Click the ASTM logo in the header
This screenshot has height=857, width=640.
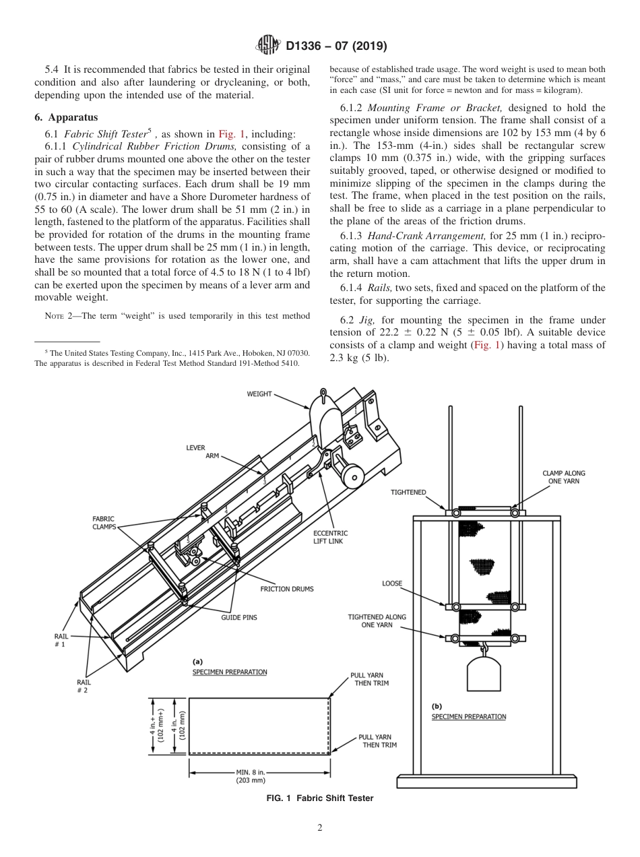[269, 46]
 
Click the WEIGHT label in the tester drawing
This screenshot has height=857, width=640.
[259, 393]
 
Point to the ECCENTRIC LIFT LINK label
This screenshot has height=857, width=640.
[330, 537]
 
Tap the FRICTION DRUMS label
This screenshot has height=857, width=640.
[287, 589]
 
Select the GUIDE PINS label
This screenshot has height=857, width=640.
[239, 617]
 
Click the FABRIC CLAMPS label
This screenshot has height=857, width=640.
[104, 523]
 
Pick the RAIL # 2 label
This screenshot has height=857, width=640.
[82, 686]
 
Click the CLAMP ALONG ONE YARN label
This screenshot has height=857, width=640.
[564, 478]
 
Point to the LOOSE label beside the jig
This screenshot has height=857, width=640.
[392, 583]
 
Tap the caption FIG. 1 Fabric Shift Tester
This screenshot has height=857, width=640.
[320, 798]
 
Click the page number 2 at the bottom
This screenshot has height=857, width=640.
[319, 828]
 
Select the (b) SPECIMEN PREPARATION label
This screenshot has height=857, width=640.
[468, 712]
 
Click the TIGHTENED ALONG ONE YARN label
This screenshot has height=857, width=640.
[377, 621]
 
